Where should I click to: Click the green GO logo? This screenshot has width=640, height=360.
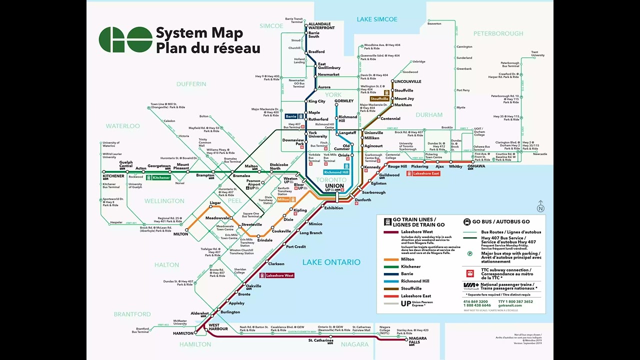[x=125, y=39]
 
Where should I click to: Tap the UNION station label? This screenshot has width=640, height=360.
[x=334, y=186]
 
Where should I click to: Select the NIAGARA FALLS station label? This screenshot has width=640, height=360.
[x=417, y=340]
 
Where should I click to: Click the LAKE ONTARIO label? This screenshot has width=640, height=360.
[x=331, y=262]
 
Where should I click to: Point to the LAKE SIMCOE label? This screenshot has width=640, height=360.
[x=377, y=19]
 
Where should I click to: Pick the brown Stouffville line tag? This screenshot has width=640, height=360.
[x=379, y=99]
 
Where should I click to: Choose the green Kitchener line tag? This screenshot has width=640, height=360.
[x=161, y=177]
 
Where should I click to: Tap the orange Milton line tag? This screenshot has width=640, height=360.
[x=283, y=199]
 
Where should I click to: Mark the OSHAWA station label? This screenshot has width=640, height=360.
[x=476, y=166]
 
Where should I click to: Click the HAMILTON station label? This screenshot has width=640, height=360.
[x=183, y=333]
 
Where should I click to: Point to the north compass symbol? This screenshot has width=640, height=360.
[x=540, y=207]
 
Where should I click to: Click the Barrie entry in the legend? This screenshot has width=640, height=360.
[x=407, y=274]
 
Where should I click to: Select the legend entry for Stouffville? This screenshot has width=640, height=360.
[x=411, y=288]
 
